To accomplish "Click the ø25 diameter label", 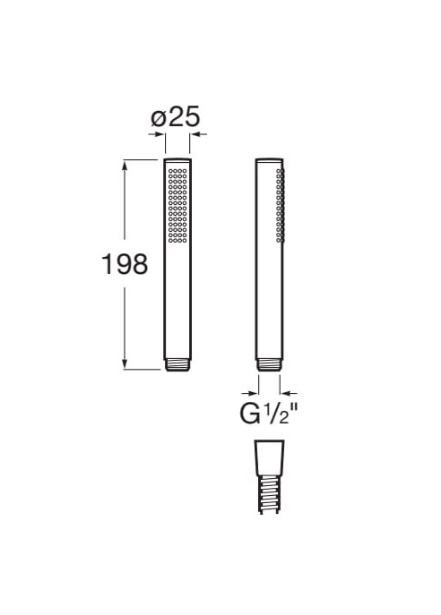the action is (x=176, y=116).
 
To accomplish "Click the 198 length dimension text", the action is (x=125, y=264).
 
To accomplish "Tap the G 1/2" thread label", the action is (x=270, y=414).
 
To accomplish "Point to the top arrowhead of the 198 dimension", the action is (x=125, y=166).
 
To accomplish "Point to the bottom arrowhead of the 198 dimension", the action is (x=125, y=363).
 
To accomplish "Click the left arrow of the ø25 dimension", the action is (x=156, y=134).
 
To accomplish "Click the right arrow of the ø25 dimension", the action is (x=199, y=134).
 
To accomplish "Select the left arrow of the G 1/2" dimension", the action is (x=250, y=393).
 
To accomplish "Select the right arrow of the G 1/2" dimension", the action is (x=289, y=393).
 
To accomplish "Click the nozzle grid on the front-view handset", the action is (x=177, y=205).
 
